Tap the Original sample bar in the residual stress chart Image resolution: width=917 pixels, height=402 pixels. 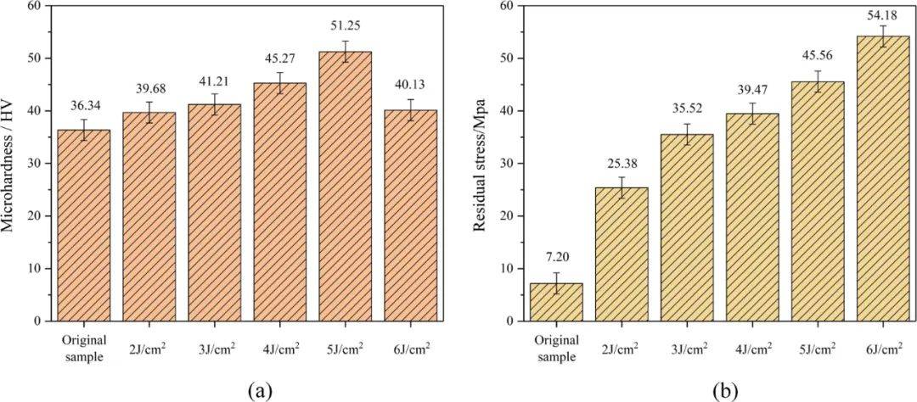coord(557,302)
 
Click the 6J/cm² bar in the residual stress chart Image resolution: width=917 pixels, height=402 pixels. coord(882,178)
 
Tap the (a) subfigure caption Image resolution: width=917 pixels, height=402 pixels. coord(259,390)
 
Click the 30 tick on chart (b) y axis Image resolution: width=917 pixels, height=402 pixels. coord(507,164)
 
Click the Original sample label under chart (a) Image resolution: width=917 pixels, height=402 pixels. coord(83,348)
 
